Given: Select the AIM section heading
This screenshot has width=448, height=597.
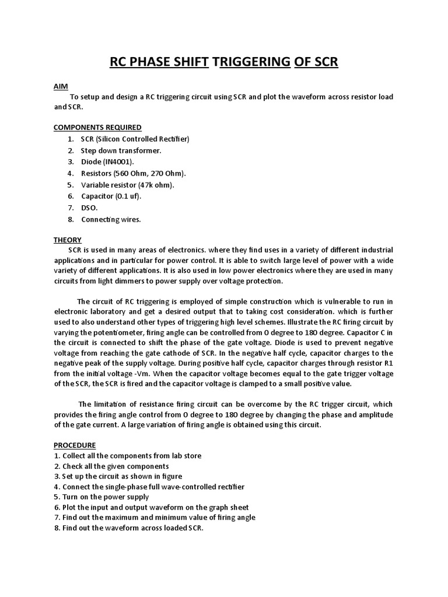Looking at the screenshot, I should pyautogui.click(x=61, y=86).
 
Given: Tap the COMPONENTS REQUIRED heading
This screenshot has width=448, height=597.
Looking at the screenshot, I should pyautogui.click(x=97, y=127).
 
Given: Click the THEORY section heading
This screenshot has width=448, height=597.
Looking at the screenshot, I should pyautogui.click(x=68, y=240).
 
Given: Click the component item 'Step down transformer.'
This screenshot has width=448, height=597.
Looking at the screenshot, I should pyautogui.click(x=121, y=150).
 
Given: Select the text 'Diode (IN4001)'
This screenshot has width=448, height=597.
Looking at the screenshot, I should pyautogui.click(x=107, y=161).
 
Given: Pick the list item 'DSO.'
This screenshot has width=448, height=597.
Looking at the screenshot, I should pyautogui.click(x=89, y=208).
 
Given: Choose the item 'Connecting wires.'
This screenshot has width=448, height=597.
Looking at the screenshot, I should pyautogui.click(x=111, y=220).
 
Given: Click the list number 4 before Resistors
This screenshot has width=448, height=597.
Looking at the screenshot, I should pyautogui.click(x=69, y=173).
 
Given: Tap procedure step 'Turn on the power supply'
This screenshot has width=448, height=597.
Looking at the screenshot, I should pyautogui.click(x=105, y=497).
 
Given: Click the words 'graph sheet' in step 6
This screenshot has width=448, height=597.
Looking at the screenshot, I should pyautogui.click(x=228, y=507).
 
